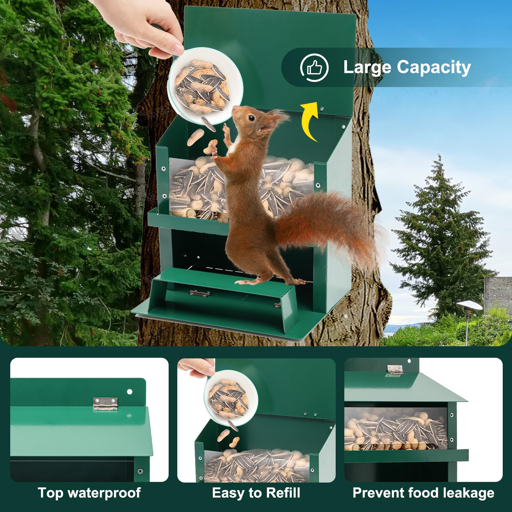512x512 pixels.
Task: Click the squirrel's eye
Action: [x=251, y=118]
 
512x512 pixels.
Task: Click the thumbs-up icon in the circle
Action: [x=314, y=68]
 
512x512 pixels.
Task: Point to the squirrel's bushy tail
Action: [x=330, y=224]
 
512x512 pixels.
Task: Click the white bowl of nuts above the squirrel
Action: [x=205, y=86]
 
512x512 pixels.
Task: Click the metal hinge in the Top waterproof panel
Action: [x=105, y=404]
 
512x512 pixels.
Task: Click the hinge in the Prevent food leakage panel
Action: [x=395, y=370]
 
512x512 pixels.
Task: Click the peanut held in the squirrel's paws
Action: [x=211, y=147]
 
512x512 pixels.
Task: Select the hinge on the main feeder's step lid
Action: [x=200, y=293]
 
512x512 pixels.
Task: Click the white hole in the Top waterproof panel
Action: [x=130, y=392]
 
